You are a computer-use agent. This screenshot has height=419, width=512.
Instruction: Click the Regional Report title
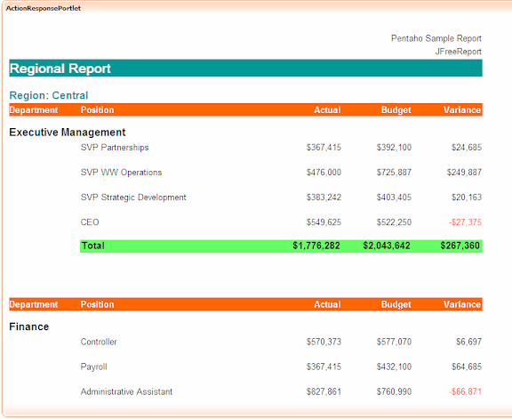[60, 68]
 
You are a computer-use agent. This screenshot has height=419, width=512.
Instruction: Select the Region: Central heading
[49, 95]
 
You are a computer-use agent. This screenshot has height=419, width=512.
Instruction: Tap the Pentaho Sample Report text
[436, 38]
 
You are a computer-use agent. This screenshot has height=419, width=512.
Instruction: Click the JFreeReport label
[458, 52]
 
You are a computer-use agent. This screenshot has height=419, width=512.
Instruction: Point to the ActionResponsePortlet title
[44, 8]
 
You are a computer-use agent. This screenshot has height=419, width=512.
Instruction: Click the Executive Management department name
[68, 133]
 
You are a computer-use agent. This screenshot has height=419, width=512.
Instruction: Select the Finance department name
[29, 326]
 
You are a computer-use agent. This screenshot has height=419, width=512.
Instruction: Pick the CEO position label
[90, 222]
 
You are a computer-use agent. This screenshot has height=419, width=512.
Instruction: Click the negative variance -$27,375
[465, 222]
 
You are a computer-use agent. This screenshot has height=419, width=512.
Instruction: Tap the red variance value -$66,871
[465, 391]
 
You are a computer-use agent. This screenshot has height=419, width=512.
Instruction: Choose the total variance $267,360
[460, 246]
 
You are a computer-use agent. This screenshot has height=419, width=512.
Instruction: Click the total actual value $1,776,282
[316, 246]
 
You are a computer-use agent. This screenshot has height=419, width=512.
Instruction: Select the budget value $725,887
[394, 173]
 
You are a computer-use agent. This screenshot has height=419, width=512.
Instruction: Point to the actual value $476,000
[324, 173]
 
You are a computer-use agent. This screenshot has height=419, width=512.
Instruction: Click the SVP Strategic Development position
[133, 197]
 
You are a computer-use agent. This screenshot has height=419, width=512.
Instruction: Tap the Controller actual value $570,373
[324, 342]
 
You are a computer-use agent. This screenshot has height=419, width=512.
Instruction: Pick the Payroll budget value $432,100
[394, 367]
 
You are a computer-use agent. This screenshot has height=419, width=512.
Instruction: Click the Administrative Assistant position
[126, 391]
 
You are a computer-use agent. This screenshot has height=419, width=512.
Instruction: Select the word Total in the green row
[93, 246]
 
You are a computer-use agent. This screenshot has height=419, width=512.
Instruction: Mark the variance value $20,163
[467, 197]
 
